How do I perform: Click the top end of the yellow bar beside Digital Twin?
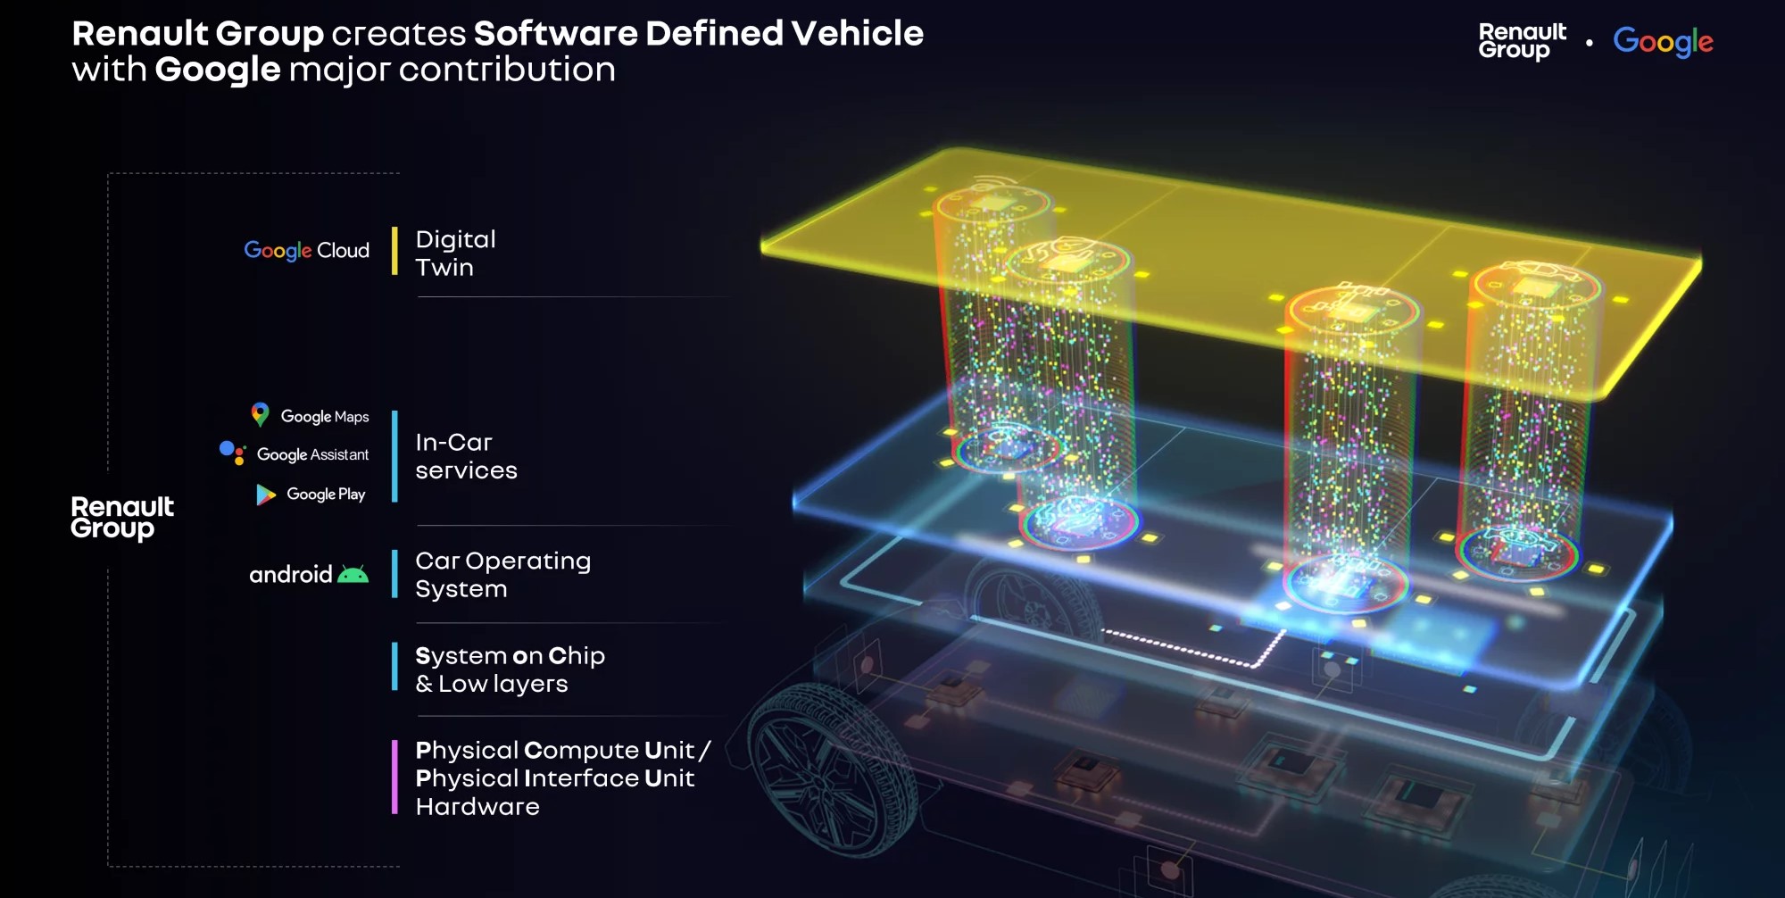click(x=394, y=228)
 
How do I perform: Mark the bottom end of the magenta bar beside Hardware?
click(x=394, y=814)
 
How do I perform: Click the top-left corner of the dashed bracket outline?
click(x=108, y=173)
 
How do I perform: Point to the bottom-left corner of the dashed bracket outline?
click(x=108, y=866)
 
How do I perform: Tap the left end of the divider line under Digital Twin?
click(x=418, y=296)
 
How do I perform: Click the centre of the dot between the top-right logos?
click(x=1590, y=42)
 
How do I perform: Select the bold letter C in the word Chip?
click(x=558, y=656)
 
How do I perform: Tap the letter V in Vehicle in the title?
click(x=804, y=33)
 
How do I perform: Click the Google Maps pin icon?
click(x=260, y=414)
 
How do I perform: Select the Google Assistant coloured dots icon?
click(x=232, y=453)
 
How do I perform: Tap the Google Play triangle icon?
click(x=266, y=495)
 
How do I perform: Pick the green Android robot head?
click(x=353, y=575)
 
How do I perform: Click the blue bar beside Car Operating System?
click(x=394, y=574)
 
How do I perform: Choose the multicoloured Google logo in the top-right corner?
click(x=1663, y=42)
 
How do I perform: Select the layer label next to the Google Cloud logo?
click(x=455, y=254)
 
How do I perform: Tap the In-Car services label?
click(x=466, y=456)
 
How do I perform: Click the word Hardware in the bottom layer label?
click(x=477, y=807)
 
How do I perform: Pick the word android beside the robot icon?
click(x=290, y=574)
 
